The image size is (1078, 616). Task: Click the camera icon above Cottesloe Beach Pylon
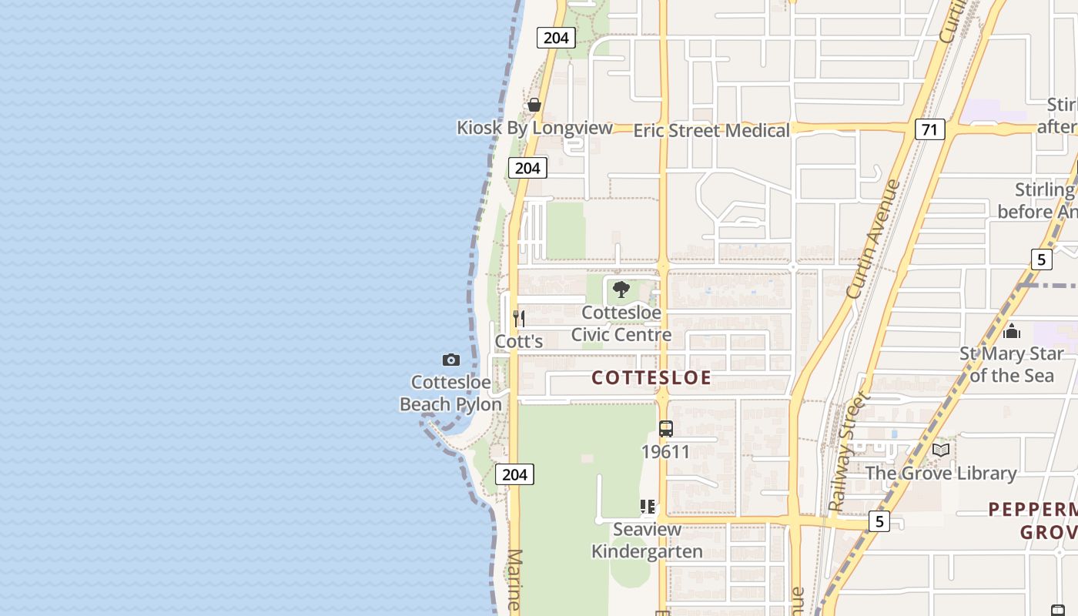coord(451,360)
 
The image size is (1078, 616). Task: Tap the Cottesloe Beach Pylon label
coord(450,393)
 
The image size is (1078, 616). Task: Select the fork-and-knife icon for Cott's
coord(519,318)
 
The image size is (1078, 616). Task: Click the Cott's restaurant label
coord(519,341)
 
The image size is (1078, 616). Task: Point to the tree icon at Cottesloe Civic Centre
coord(621,290)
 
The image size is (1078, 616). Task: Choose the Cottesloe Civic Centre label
coord(621,324)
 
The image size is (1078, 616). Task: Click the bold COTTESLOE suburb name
coord(651,377)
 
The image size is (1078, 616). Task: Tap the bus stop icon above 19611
coord(666,429)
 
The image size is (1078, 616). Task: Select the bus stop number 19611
coord(666,452)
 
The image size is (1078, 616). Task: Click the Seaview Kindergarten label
coord(647,541)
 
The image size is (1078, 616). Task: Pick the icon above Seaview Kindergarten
coord(648,507)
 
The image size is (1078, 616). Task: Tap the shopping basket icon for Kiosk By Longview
coord(534,105)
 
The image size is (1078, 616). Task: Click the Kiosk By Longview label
coord(534,128)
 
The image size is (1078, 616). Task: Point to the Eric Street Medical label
coord(711,131)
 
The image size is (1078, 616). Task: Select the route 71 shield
coord(930,129)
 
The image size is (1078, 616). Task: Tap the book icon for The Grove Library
coord(941,450)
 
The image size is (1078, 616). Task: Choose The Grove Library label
coord(941,473)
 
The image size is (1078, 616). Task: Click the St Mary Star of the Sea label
coord(1011,364)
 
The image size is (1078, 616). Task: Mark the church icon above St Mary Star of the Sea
coord(1012,331)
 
